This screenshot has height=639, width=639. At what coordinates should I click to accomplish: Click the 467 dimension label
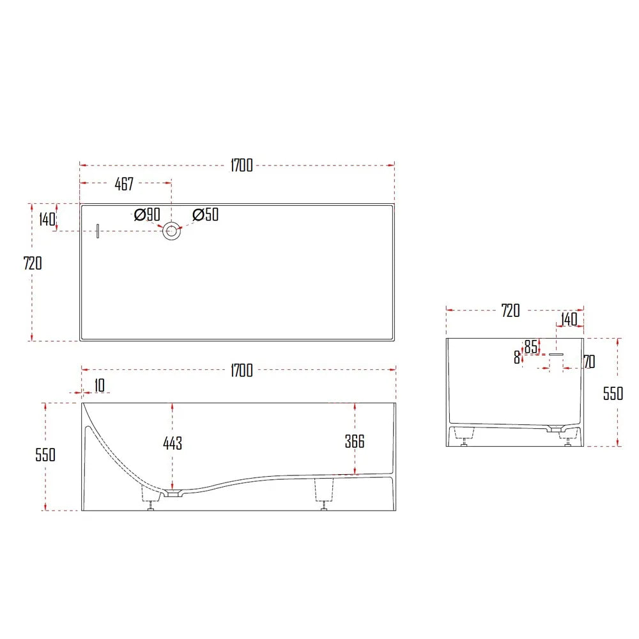click(124, 185)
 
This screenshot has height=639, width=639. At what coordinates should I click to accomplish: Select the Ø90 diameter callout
click(147, 215)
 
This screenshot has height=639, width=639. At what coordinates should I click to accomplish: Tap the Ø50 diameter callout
click(205, 215)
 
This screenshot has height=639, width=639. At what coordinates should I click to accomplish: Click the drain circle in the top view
click(171, 231)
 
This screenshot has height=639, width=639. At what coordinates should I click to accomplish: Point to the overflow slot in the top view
click(98, 231)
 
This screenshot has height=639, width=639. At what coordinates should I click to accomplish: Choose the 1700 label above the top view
click(242, 166)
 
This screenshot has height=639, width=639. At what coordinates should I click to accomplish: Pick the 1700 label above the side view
click(242, 370)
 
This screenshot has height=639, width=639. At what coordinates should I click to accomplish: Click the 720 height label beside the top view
click(32, 263)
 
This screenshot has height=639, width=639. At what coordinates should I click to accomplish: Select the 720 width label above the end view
click(511, 311)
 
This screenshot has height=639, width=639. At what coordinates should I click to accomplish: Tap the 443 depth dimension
click(173, 443)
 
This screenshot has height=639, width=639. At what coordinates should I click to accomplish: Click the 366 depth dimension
click(354, 442)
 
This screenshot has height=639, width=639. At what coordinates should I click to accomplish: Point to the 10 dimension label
click(99, 385)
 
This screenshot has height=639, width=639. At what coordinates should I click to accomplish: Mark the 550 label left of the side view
click(45, 455)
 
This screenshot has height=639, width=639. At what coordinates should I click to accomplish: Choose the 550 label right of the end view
click(613, 394)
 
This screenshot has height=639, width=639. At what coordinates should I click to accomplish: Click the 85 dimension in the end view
click(531, 346)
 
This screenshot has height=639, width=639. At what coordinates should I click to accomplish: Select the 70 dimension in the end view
click(589, 362)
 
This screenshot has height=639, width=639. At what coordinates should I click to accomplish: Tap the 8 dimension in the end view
click(517, 358)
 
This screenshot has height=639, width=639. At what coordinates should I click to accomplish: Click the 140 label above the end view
click(569, 319)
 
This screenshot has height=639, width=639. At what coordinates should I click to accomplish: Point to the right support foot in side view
click(325, 493)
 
